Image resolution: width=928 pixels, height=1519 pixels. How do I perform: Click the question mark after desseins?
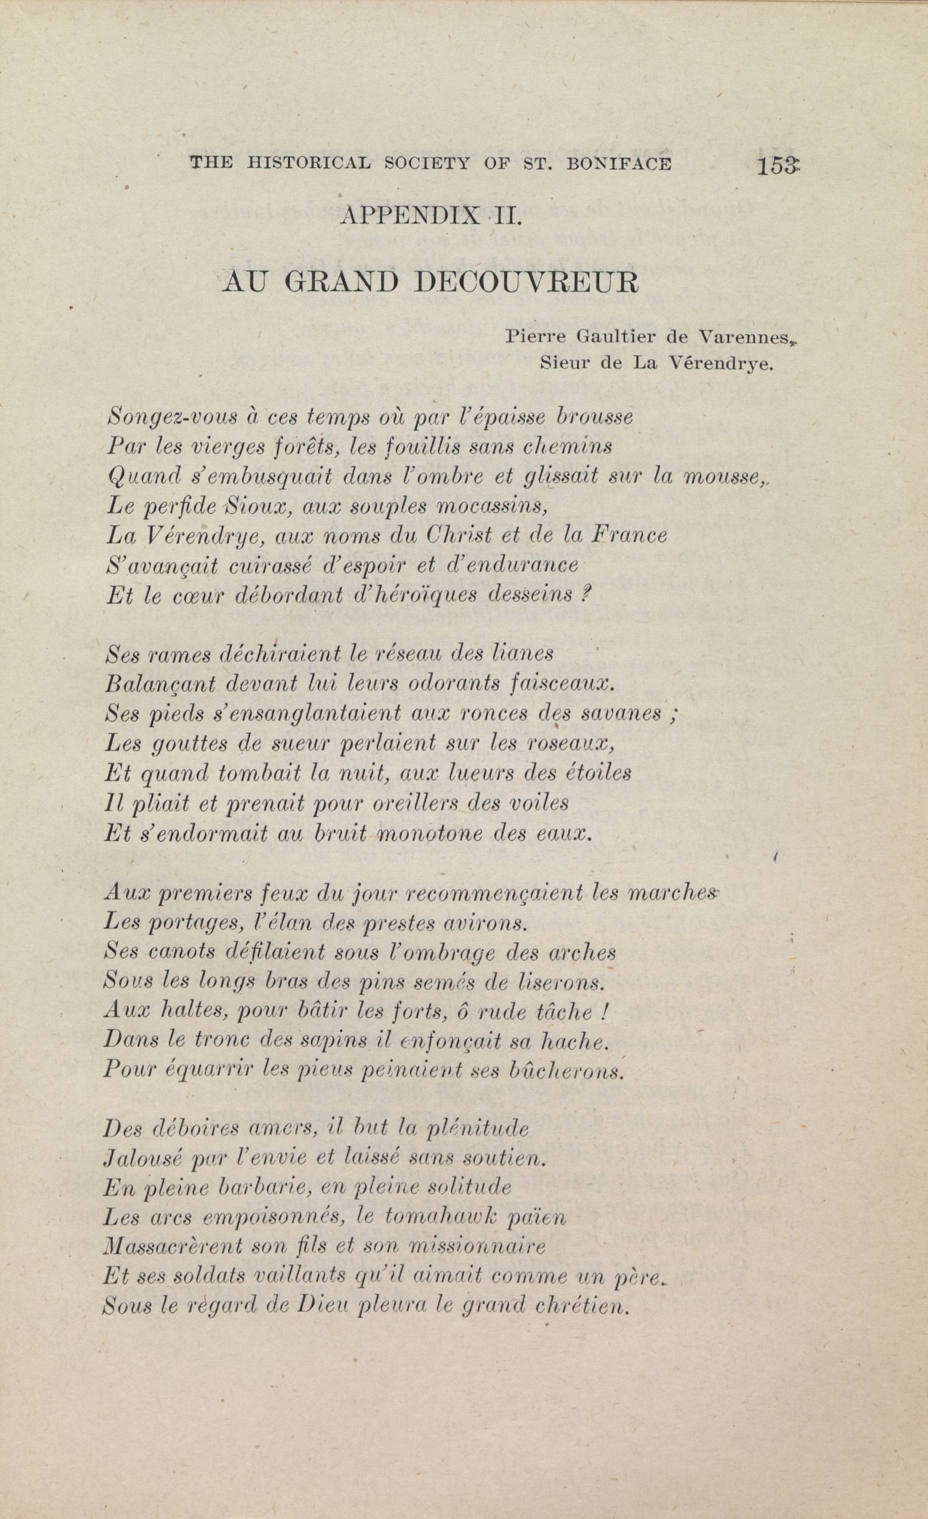586,595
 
